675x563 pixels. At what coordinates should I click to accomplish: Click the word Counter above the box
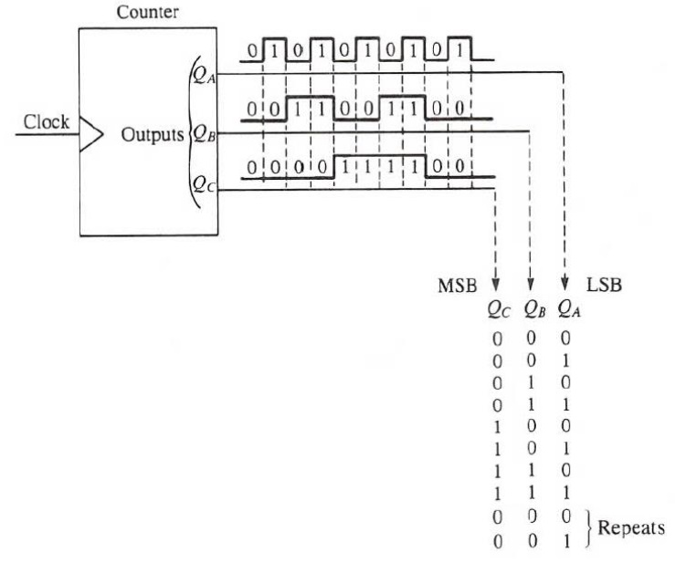tap(147, 12)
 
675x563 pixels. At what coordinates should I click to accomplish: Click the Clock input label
tap(46, 121)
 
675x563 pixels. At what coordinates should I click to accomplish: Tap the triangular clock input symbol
tap(91, 134)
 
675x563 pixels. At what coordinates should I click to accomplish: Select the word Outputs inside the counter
tap(153, 135)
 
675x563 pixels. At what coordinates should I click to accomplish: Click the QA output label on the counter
tap(203, 75)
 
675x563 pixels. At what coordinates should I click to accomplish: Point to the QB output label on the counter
tap(204, 133)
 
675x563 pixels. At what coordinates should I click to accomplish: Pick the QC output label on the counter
tap(203, 184)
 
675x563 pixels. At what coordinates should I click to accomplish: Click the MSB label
tap(458, 286)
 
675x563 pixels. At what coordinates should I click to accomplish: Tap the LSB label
tap(604, 285)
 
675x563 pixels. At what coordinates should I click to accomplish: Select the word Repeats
tap(631, 527)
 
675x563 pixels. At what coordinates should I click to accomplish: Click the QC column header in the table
tap(499, 308)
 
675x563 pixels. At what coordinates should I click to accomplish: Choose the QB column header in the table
tap(534, 308)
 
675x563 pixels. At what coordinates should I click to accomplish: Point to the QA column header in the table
tap(569, 308)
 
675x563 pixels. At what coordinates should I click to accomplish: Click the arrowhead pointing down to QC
tap(495, 285)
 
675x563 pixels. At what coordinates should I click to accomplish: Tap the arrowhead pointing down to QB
tap(531, 285)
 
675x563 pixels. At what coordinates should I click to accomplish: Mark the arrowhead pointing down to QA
tap(564, 285)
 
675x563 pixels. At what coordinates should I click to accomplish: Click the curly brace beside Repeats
tap(588, 528)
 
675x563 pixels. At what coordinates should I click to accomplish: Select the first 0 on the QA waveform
tap(252, 52)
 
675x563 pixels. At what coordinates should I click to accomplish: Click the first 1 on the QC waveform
tap(345, 167)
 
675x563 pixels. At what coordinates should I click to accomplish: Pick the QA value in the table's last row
tap(566, 541)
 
